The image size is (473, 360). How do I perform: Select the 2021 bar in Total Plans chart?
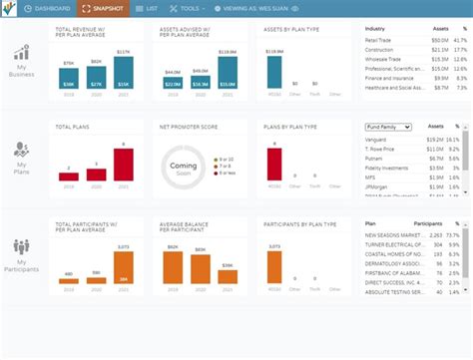[x=123, y=164]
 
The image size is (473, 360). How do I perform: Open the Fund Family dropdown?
[x=389, y=128]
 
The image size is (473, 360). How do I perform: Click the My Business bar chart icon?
[x=20, y=52]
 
